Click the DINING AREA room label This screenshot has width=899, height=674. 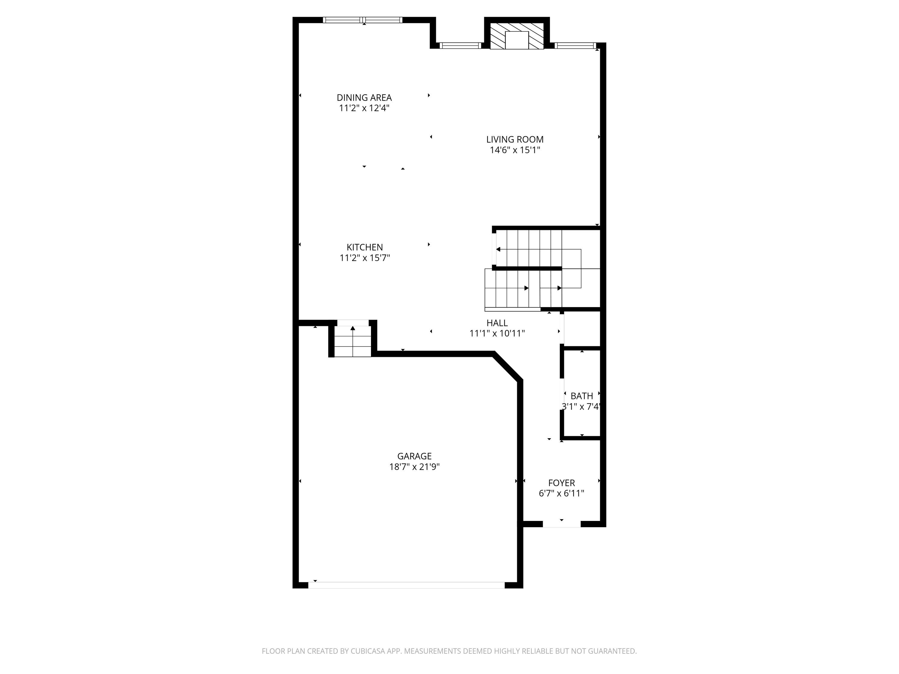(364, 97)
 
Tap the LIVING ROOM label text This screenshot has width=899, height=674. (515, 139)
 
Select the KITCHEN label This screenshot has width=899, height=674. (365, 247)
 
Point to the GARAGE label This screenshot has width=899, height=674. (414, 456)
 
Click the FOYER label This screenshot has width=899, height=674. (561, 483)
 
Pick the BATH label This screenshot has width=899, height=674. (582, 396)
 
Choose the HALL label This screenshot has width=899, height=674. (497, 323)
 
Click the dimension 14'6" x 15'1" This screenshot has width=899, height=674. (515, 150)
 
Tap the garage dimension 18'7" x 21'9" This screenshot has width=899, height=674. (414, 467)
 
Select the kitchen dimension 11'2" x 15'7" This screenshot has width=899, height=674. (365, 258)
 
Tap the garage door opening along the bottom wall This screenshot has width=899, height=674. (406, 585)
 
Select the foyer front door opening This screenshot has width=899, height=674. (562, 524)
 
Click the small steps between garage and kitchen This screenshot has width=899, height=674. (353, 341)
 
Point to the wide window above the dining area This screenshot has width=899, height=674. (363, 20)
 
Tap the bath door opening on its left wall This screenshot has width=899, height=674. (562, 395)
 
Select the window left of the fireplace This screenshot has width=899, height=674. (461, 46)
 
